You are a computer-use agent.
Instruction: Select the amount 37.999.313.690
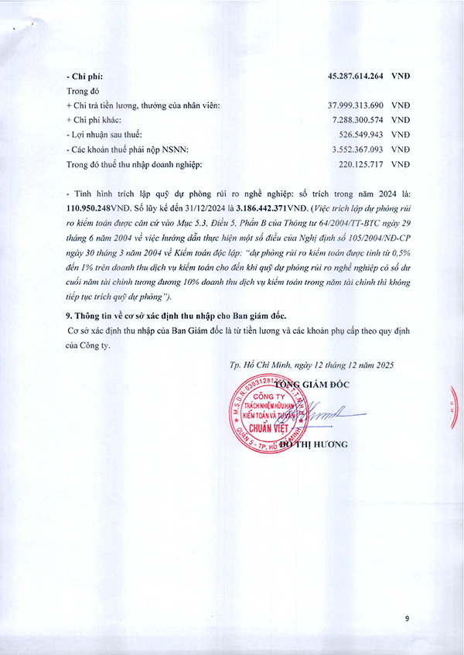(x=357, y=105)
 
